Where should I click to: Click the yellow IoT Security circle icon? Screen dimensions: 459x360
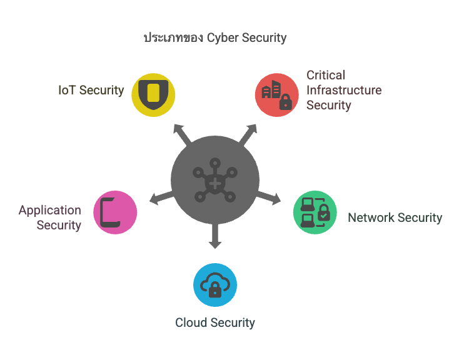pos(153,95)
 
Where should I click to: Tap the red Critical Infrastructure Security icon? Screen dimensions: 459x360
pos(276,95)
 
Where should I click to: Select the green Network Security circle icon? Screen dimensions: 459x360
pos(315,212)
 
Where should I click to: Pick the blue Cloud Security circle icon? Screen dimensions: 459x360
pos(215,285)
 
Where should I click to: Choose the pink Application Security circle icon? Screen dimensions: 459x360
pos(115,212)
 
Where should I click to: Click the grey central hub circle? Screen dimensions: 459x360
pos(215,180)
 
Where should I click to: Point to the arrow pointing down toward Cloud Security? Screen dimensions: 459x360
pos(215,236)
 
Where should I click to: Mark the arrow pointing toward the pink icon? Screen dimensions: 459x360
pos(161,198)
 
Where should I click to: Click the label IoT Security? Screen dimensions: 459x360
pos(91,90)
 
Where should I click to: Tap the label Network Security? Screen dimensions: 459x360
pos(395,217)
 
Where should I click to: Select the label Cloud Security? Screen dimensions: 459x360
pos(215,322)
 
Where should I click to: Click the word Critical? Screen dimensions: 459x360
pos(326,75)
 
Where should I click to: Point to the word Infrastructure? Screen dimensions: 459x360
pos(344,90)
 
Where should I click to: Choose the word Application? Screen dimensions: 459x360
pos(50,211)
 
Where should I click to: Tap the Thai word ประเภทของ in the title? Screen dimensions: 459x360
pos(173,37)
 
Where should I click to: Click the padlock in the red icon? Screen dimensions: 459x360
pos(285,102)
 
